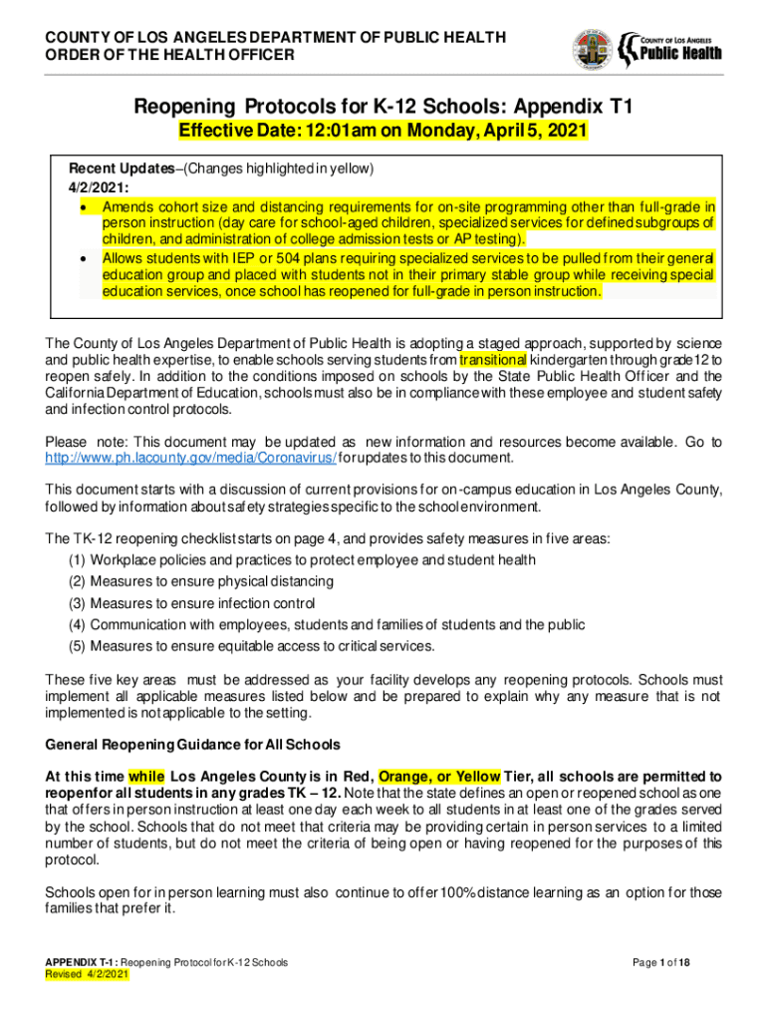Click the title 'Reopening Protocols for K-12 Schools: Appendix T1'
[383, 107]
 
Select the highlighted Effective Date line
[383, 132]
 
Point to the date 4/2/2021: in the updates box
[91, 186]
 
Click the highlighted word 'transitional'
[493, 359]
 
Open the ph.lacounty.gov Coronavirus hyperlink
[192, 458]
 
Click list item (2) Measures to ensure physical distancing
[200, 581]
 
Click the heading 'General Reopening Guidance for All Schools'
[193, 745]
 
